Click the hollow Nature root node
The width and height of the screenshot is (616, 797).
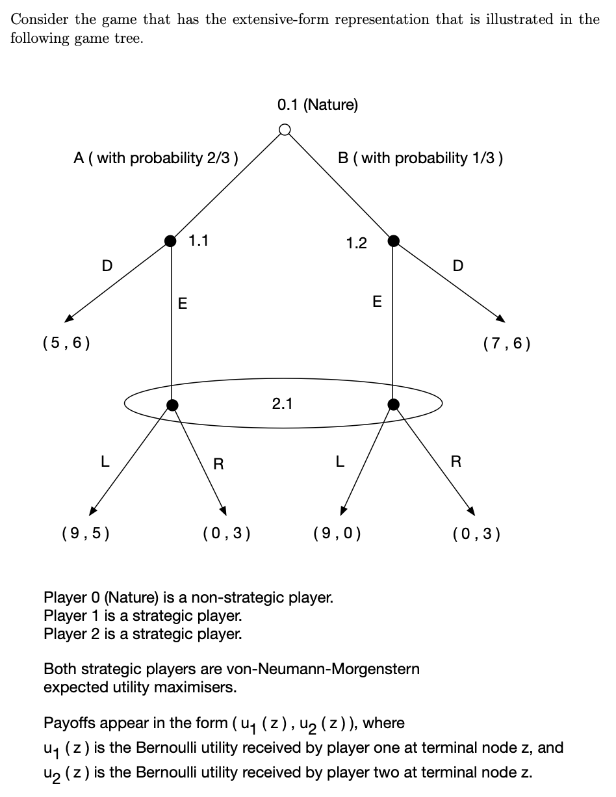click(284, 130)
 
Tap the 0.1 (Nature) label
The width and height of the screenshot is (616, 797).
click(317, 105)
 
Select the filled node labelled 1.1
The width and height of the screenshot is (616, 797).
click(171, 241)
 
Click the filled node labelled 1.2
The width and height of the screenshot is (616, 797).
click(392, 241)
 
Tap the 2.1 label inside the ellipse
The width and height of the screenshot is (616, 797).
click(282, 404)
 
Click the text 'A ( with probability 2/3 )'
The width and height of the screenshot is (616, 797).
click(156, 158)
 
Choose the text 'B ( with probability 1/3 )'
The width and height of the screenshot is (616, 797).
click(420, 158)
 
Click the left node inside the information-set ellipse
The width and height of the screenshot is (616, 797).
click(172, 405)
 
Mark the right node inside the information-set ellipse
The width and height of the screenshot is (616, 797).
click(392, 404)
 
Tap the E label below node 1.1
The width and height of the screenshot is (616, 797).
click(183, 304)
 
